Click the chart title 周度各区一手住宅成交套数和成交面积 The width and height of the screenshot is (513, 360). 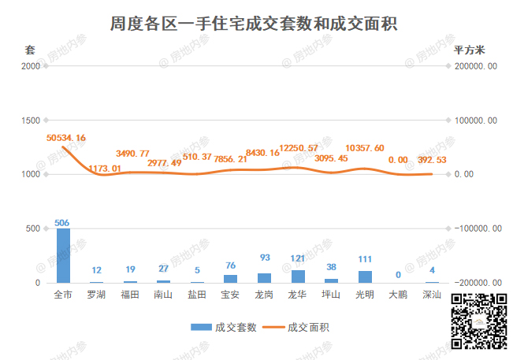click(x=253, y=24)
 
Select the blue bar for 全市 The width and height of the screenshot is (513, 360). click(x=63, y=255)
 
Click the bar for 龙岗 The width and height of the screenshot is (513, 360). click(x=264, y=277)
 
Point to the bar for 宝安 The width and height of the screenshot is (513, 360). click(x=230, y=278)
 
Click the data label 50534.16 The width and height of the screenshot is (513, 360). click(x=66, y=138)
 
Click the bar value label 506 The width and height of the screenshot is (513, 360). click(x=63, y=223)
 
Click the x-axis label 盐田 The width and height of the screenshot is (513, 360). click(x=197, y=295)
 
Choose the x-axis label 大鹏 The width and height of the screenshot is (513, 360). click(x=399, y=295)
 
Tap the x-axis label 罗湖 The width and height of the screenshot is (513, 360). click(x=96, y=295)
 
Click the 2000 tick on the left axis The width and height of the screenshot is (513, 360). click(x=31, y=66)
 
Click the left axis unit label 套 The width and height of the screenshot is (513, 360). click(x=30, y=50)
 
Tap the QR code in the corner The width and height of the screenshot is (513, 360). click(x=478, y=320)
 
